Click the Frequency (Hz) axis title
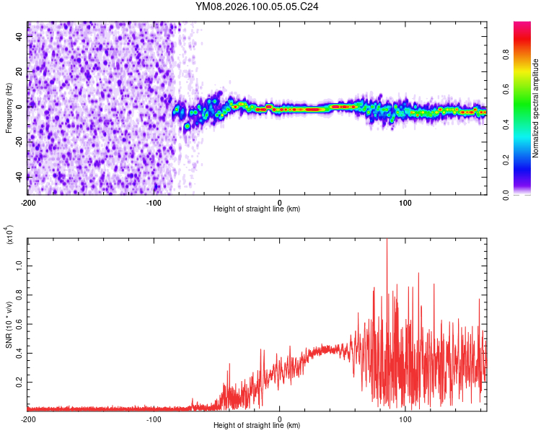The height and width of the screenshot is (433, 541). [9, 108]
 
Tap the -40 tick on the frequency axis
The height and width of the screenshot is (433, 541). [17, 176]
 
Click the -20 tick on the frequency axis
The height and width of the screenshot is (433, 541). [17, 141]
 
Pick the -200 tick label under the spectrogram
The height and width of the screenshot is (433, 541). [27, 201]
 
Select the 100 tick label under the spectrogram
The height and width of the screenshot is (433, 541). [405, 201]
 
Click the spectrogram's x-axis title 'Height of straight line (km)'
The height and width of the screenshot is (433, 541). [257, 209]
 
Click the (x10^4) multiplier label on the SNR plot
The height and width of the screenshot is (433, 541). [9, 235]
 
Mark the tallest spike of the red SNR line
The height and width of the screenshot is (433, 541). [387, 240]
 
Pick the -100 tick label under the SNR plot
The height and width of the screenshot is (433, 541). [154, 419]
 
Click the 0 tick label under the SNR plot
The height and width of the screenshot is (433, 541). [280, 419]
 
